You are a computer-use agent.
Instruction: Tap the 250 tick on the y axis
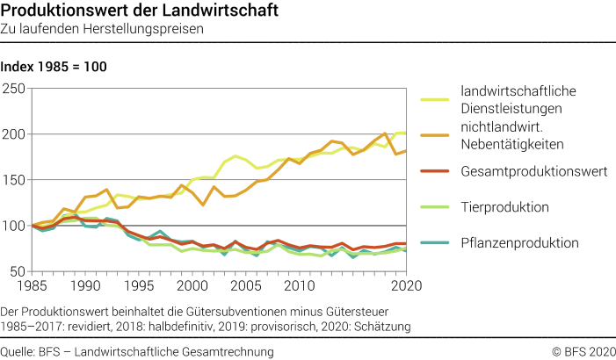coord(14,89)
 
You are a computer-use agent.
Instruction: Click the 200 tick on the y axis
coord(14,134)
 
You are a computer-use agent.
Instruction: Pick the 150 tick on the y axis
coord(14,180)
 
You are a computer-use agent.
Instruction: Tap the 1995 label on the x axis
coord(139,286)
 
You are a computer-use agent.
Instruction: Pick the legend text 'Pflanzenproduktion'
coord(519,243)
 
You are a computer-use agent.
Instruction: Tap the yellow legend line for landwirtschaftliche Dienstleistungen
coord(436,98)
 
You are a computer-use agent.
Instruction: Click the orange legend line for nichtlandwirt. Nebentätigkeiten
coord(436,134)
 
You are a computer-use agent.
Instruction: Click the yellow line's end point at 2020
coord(405,133)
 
